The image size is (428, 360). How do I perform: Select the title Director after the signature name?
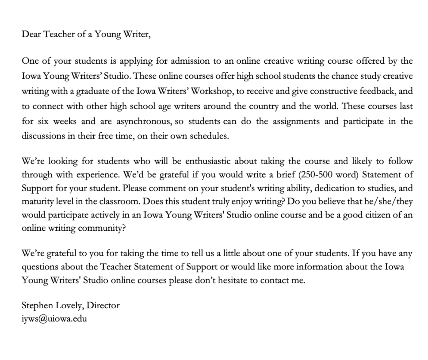coord(103,305)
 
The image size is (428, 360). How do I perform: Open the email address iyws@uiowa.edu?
coord(54,318)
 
